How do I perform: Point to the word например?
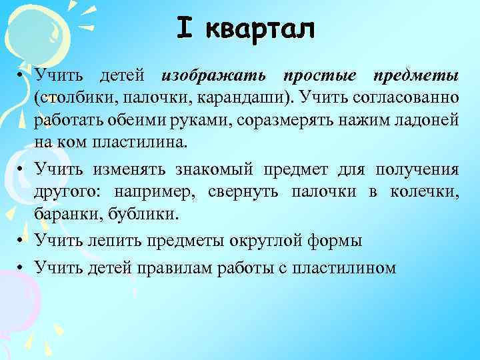coord(153,193)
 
